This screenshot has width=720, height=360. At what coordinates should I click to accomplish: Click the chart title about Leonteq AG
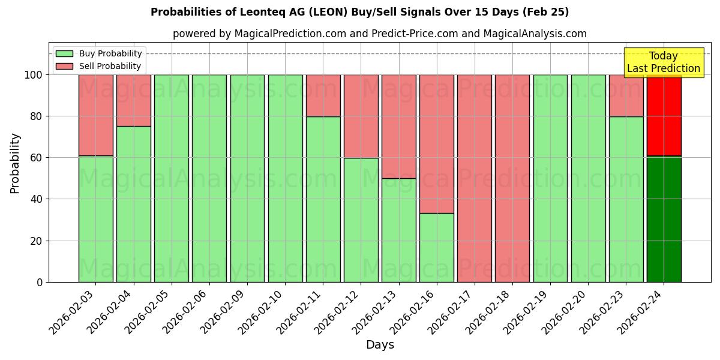point(359,12)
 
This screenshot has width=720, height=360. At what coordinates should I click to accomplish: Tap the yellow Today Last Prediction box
point(663,62)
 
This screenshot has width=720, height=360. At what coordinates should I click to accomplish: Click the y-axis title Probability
point(15,163)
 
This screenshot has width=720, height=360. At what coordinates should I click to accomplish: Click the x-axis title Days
point(380,345)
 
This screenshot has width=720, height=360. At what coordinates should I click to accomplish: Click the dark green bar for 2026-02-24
point(664,219)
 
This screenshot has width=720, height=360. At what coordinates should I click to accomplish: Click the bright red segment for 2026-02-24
point(664,115)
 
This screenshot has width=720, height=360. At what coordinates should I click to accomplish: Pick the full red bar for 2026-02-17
point(474,178)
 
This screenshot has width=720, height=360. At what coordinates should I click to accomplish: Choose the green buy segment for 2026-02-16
point(436,247)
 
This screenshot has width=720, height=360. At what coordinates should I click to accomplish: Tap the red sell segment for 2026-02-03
point(95,115)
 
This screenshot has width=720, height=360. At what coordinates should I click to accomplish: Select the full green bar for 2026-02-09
point(247,178)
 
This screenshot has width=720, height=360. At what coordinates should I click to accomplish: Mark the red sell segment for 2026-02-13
point(398,127)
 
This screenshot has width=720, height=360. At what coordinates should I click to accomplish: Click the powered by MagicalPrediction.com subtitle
point(379,34)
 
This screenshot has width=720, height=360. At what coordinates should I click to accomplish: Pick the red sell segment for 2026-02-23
point(626,95)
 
